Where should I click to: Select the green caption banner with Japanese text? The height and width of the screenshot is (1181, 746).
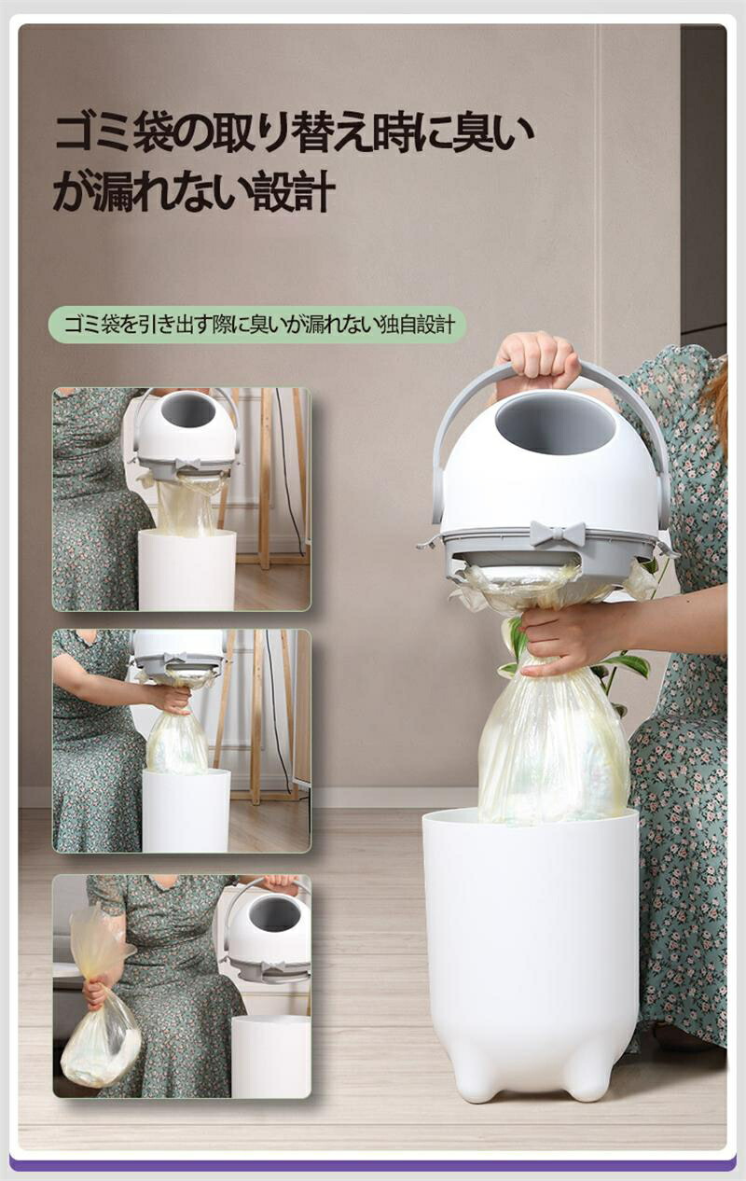[257, 325]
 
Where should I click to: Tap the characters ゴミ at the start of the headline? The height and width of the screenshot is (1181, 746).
[89, 133]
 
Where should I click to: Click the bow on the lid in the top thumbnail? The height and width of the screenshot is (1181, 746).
[187, 465]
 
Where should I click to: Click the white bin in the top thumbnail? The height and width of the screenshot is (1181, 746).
[187, 570]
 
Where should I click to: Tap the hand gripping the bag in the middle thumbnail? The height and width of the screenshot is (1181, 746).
[172, 700]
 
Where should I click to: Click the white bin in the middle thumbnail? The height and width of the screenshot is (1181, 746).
[186, 811]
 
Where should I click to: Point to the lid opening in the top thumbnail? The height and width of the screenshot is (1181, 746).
[188, 410]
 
